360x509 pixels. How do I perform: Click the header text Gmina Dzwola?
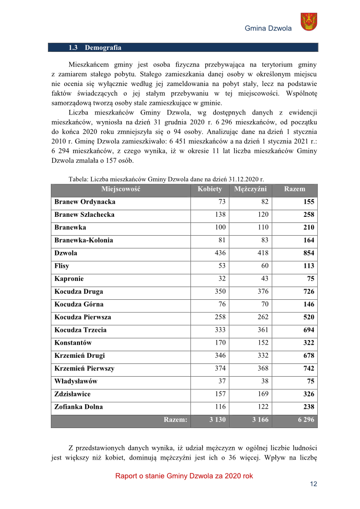click(268, 29)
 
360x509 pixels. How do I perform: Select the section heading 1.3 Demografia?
click(95, 48)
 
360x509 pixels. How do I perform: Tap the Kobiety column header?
click(210, 189)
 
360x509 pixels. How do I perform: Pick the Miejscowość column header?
click(121, 189)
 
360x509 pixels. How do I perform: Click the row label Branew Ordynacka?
click(85, 202)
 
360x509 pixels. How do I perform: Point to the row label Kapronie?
click(69, 279)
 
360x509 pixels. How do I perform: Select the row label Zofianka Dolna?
click(78, 407)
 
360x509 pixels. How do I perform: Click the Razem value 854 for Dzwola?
click(308, 253)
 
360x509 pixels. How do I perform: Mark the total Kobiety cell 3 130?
click(218, 420)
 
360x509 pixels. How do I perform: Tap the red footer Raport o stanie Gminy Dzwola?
click(184, 476)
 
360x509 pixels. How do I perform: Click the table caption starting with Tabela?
click(166, 179)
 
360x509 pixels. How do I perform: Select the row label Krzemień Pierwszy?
click(84, 369)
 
